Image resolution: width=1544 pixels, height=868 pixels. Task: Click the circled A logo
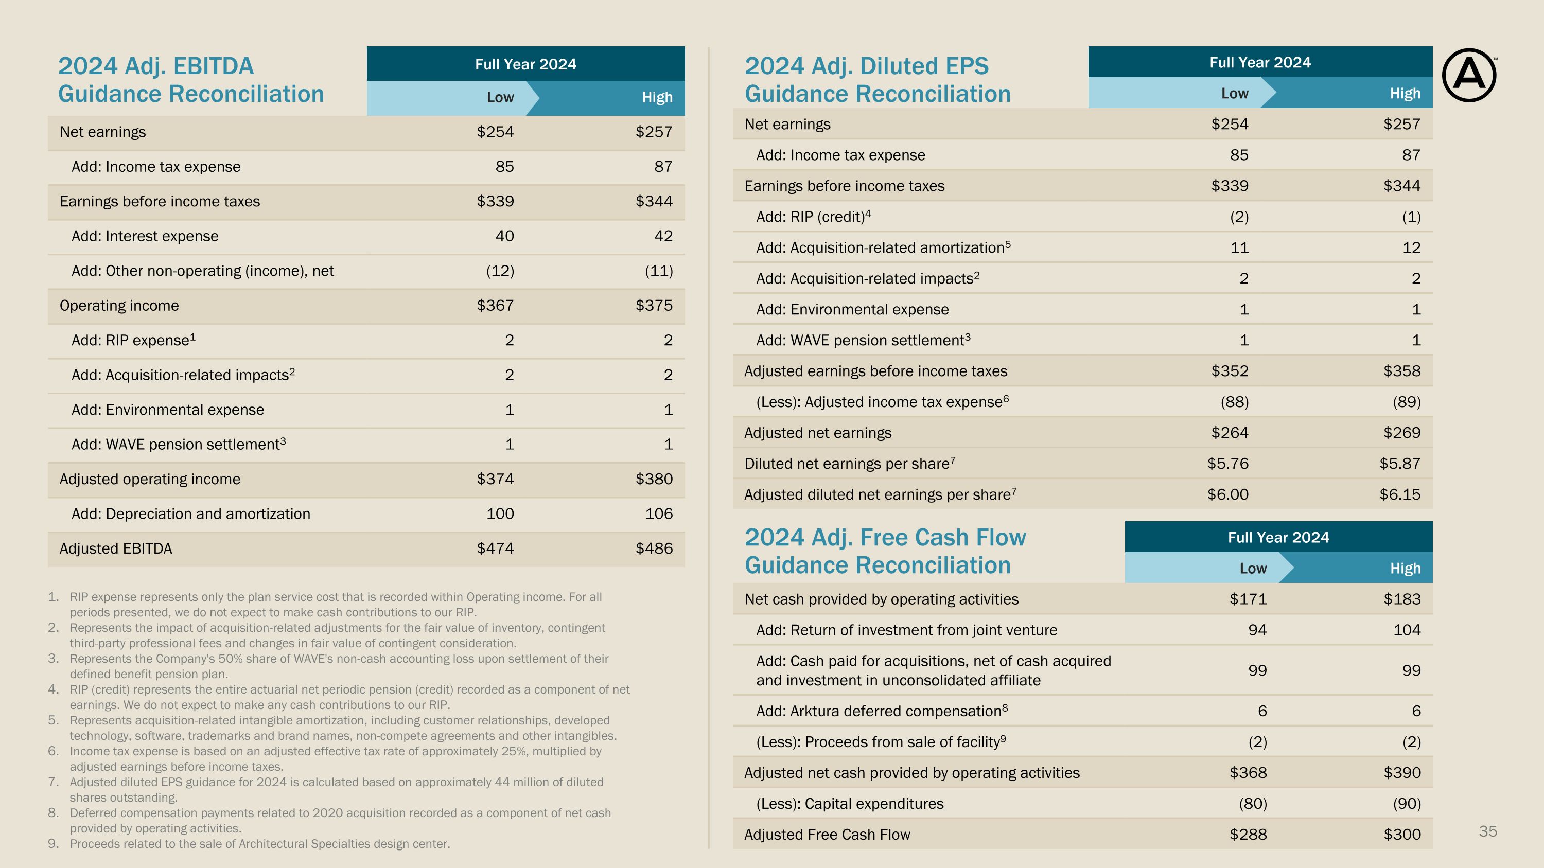coord(1468,76)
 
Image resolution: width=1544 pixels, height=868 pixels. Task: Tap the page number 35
coord(1488,831)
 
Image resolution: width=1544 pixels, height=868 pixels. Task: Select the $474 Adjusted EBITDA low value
coord(495,548)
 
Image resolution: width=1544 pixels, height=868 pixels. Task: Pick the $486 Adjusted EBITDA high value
coord(654,548)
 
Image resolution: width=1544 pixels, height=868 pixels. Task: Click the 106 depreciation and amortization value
coord(659,513)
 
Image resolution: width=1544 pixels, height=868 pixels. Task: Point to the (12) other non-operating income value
coord(500,271)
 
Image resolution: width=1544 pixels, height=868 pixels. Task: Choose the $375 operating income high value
coord(654,306)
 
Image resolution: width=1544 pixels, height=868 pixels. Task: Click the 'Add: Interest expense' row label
coord(145,236)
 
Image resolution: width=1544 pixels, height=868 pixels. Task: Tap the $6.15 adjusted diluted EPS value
coord(1399,494)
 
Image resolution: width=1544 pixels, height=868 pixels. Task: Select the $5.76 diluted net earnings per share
coord(1227,464)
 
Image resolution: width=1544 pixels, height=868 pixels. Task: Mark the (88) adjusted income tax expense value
coord(1235,402)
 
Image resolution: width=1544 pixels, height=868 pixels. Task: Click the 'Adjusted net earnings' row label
coord(818,433)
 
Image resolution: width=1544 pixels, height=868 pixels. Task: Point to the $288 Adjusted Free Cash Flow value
coord(1248,835)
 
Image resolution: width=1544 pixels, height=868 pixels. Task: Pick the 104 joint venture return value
coord(1407,630)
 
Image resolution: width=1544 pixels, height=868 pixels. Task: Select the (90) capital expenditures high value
coord(1407,803)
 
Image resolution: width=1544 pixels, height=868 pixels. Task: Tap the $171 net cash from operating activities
coord(1248,599)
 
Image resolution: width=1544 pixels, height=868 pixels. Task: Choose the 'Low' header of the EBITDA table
coord(500,97)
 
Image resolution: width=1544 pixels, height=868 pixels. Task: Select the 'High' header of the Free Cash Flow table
coord(1405,568)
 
